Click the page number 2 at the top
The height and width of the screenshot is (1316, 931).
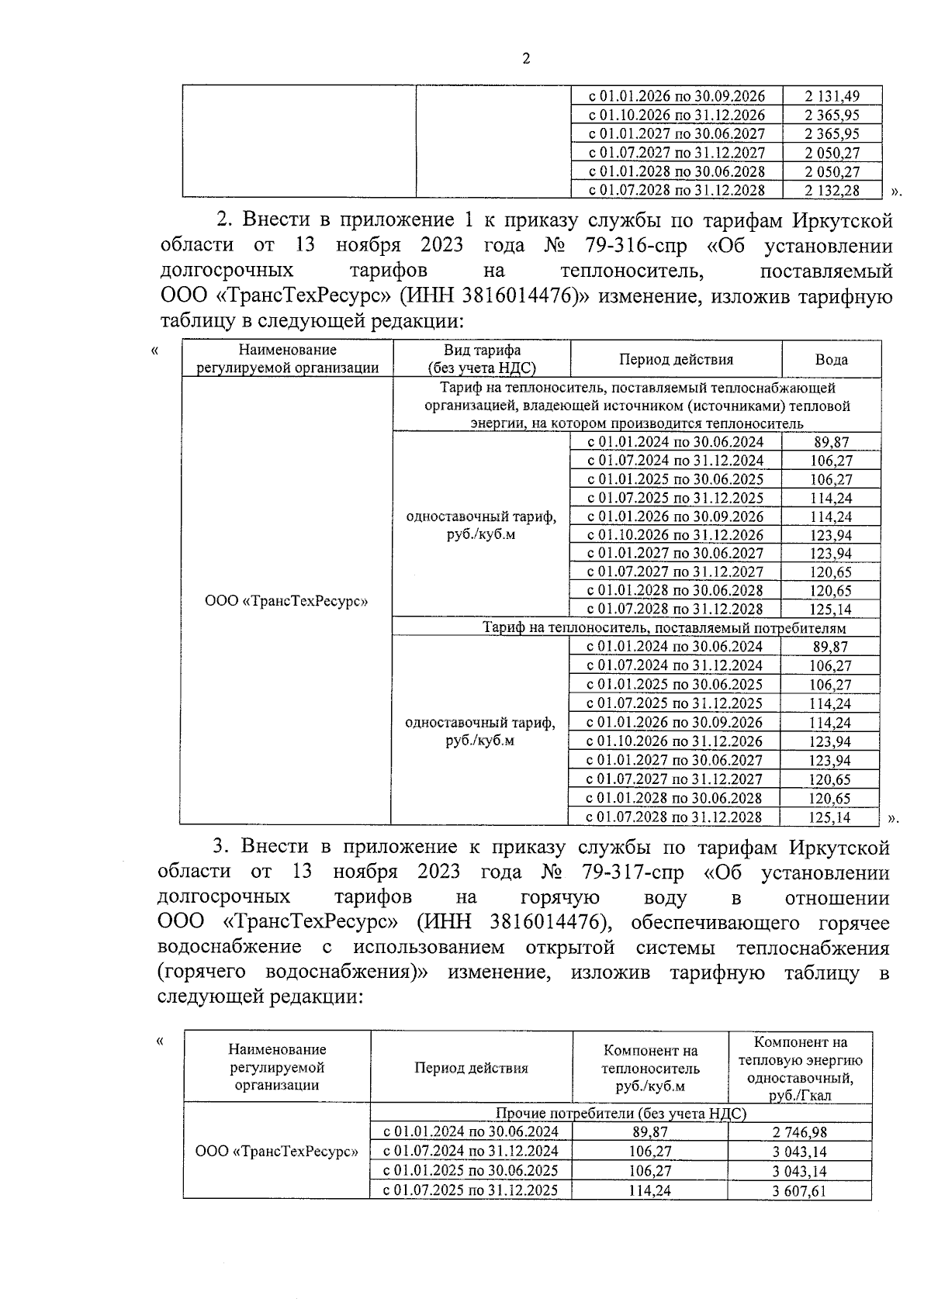pyautogui.click(x=527, y=59)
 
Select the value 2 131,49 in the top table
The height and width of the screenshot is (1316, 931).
pyautogui.click(x=832, y=96)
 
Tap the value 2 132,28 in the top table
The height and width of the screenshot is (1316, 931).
pyautogui.click(x=832, y=190)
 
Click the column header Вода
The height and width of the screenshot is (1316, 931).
pyautogui.click(x=831, y=359)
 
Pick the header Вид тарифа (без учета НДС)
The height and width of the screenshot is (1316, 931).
pyautogui.click(x=482, y=360)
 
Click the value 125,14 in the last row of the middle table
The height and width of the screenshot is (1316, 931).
pyautogui.click(x=829, y=817)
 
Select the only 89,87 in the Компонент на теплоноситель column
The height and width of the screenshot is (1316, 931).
pyautogui.click(x=650, y=1132)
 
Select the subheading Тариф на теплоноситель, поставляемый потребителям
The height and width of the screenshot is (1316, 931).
pyautogui.click(x=663, y=628)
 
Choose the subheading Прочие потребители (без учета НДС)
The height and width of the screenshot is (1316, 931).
pyautogui.click(x=621, y=1114)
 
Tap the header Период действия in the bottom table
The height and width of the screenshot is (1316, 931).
pyautogui.click(x=471, y=1068)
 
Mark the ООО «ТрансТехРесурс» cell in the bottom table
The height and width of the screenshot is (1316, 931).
pyautogui.click(x=276, y=1152)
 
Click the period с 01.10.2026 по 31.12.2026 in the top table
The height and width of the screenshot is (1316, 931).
pyautogui.click(x=676, y=115)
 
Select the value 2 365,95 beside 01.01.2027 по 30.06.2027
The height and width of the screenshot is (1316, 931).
pyautogui.click(x=832, y=133)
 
